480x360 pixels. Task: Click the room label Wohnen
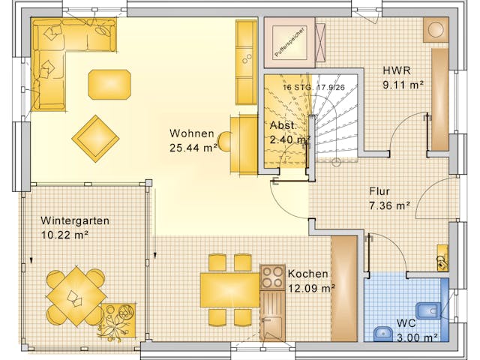(x=191, y=133)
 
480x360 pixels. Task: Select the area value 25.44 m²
(x=193, y=148)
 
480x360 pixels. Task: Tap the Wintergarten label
(x=75, y=221)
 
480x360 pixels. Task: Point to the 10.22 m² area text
(x=64, y=235)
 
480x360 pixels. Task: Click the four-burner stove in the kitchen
(x=271, y=277)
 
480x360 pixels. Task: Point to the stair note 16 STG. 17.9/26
(x=313, y=87)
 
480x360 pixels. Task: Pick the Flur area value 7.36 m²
(x=389, y=205)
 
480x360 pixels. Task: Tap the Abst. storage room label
(x=282, y=126)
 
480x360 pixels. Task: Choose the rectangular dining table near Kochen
(x=229, y=289)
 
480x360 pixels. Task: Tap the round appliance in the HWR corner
(x=436, y=30)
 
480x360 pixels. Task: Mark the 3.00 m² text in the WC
(x=417, y=337)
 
